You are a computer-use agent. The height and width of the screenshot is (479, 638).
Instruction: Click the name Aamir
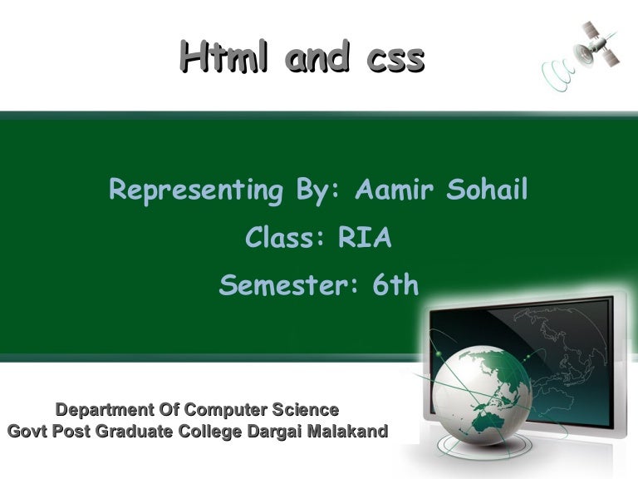(394, 190)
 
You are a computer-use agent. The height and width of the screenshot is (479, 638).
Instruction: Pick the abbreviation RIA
(365, 239)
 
